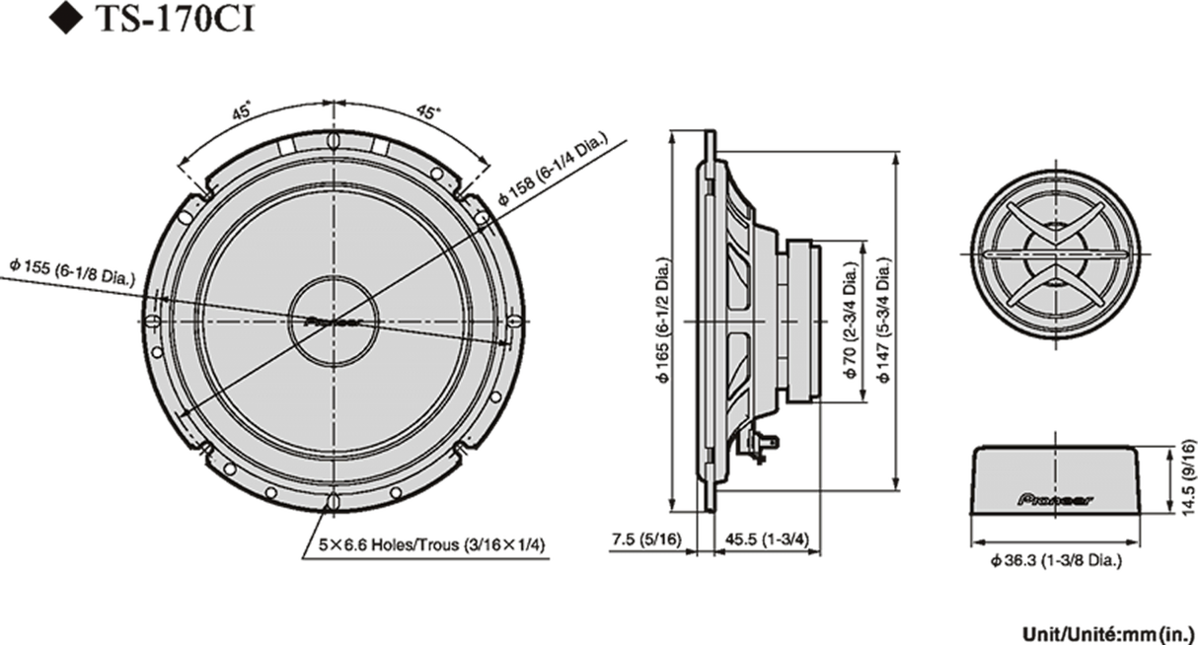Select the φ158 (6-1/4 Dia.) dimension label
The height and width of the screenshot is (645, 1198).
tap(555, 166)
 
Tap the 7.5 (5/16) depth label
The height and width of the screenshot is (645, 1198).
tap(645, 540)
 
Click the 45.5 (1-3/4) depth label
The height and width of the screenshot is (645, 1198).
tap(765, 540)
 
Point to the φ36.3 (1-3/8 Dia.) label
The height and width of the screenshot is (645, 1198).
tap(1060, 561)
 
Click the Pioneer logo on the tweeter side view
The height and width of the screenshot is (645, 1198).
tap(1055, 499)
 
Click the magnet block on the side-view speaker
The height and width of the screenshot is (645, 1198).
tap(800, 321)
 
